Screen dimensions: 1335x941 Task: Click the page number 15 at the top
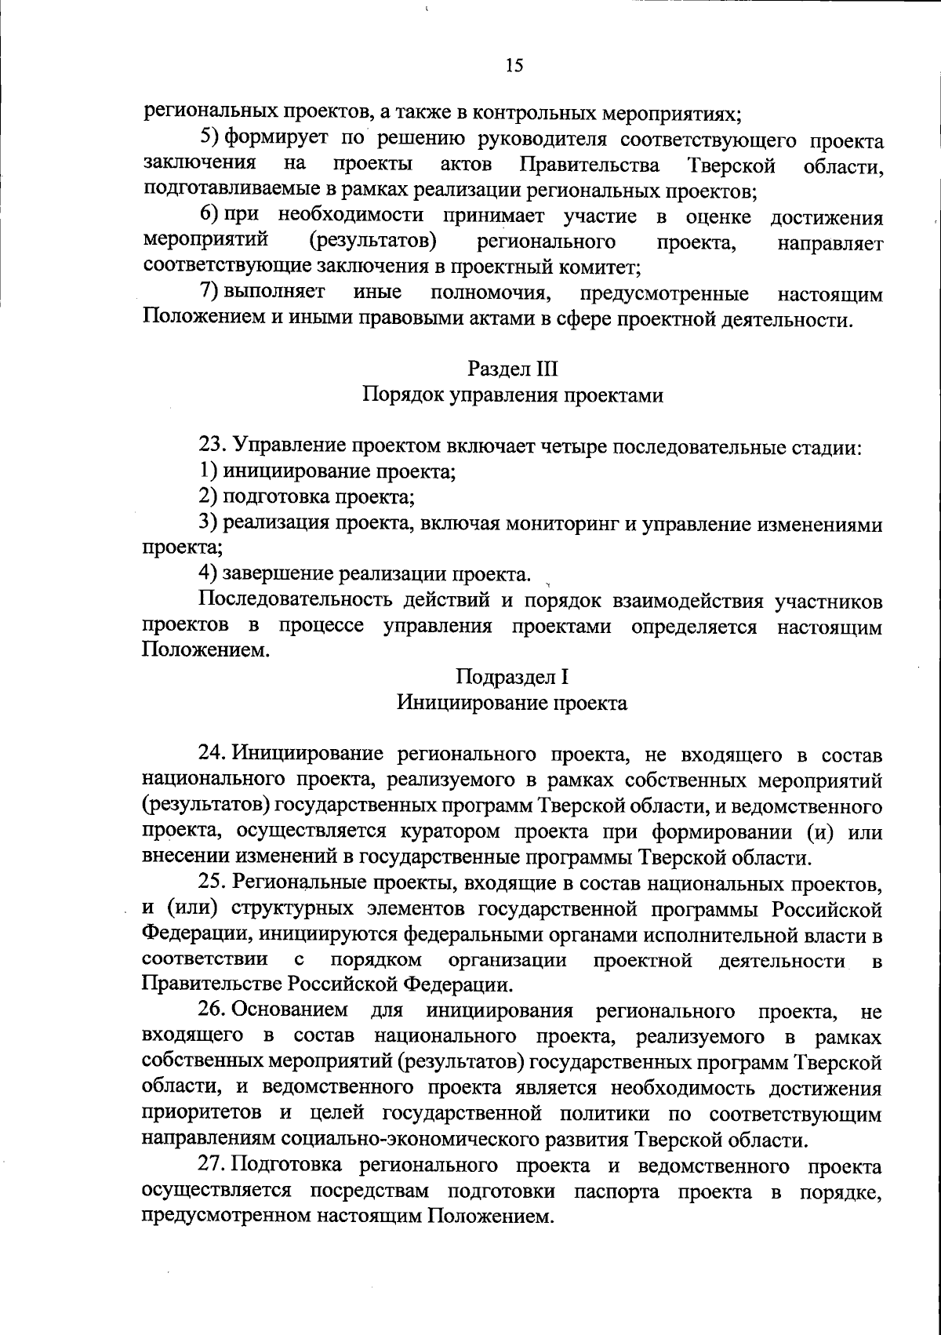514,66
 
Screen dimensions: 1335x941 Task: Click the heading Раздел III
513,368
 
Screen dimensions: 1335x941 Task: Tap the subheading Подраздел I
513,676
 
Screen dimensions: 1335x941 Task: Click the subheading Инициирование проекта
512,703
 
